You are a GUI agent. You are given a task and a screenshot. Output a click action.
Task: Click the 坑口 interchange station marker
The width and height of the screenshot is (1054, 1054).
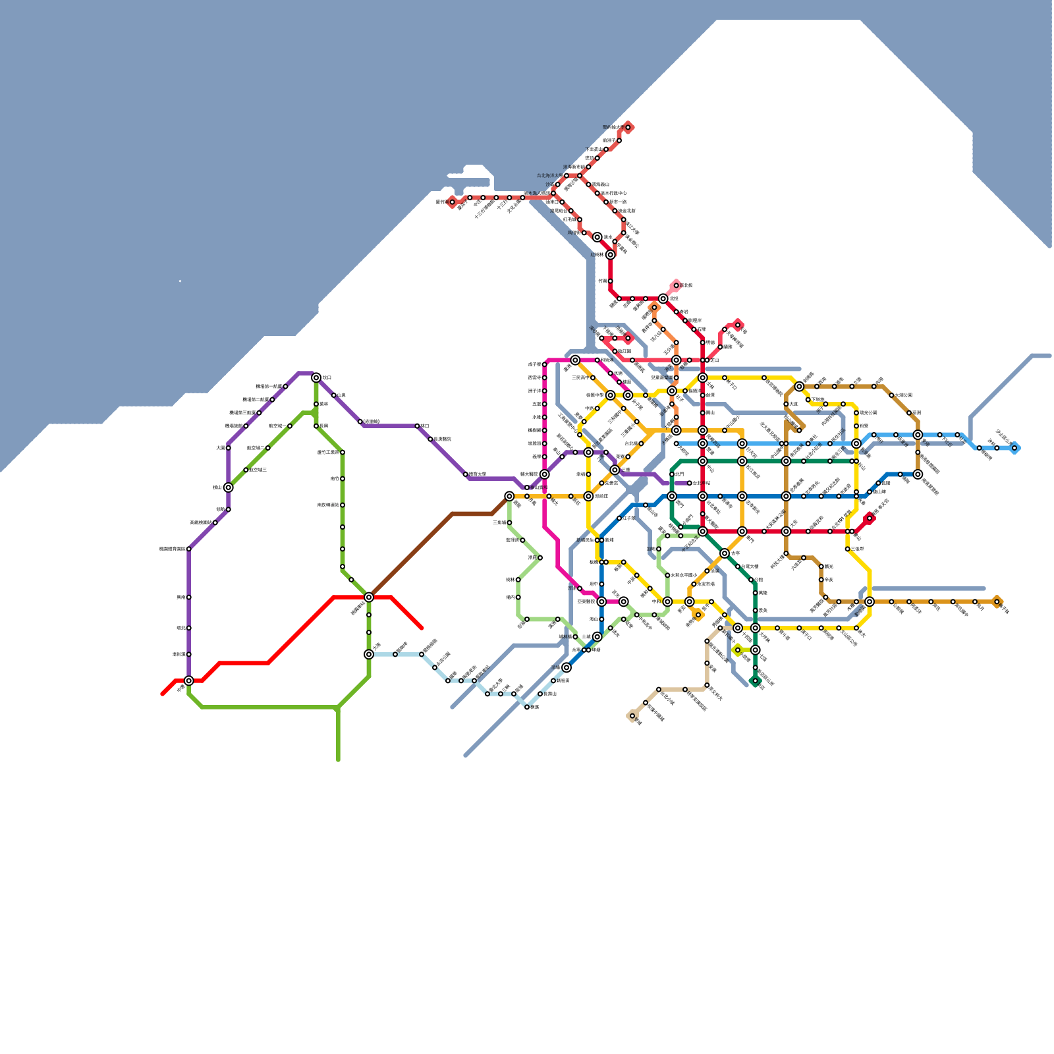click(x=316, y=377)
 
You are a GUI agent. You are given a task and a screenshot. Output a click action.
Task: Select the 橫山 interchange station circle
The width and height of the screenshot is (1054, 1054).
click(x=228, y=487)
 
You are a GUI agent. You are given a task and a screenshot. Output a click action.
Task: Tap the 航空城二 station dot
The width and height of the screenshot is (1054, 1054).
click(x=267, y=448)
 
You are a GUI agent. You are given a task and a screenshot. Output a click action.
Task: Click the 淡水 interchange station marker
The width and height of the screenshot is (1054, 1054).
click(x=597, y=237)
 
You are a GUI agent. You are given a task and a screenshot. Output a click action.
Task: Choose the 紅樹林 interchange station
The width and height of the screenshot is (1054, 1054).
click(x=610, y=254)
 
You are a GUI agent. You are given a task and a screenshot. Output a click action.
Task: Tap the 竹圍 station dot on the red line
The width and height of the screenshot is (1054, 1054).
click(x=610, y=281)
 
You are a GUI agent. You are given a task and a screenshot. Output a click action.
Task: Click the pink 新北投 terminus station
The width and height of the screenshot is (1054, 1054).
click(x=676, y=285)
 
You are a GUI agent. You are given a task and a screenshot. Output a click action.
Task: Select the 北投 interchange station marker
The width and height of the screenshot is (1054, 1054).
click(x=663, y=298)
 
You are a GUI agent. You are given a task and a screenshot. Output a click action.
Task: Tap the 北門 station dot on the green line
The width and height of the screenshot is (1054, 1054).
click(x=672, y=474)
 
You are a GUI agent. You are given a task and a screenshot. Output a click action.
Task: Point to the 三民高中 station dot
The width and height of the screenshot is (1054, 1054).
click(x=593, y=377)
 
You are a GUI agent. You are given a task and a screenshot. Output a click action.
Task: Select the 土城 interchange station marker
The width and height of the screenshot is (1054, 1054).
click(x=597, y=636)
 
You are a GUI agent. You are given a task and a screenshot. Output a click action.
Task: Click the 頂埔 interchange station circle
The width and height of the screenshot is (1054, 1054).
click(x=567, y=667)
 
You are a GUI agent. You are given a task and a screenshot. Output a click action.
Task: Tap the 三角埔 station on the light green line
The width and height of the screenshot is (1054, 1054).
click(x=509, y=522)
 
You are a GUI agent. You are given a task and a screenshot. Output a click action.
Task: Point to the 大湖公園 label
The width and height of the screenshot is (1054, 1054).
click(x=902, y=395)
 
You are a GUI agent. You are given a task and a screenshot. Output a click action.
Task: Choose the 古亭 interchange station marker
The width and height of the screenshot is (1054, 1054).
click(x=725, y=553)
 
